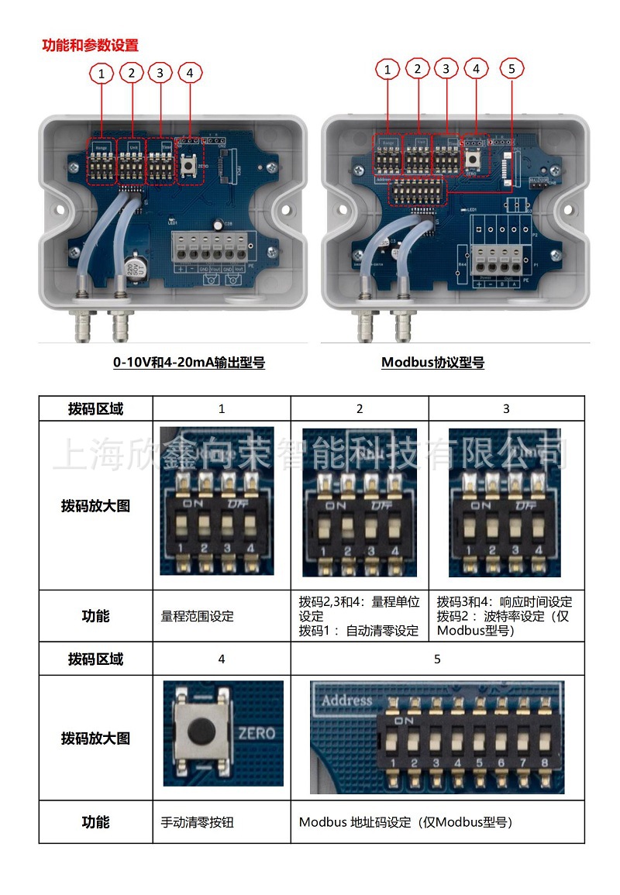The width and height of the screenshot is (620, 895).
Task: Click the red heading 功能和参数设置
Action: [x=90, y=45]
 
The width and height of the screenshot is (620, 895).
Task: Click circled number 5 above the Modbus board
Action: [x=511, y=69]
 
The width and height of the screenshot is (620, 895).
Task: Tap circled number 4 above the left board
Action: [x=189, y=74]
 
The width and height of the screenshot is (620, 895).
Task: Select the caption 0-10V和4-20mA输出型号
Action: [x=189, y=362]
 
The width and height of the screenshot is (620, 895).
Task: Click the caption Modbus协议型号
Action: [x=432, y=362]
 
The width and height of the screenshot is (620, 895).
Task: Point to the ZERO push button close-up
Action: [x=203, y=731]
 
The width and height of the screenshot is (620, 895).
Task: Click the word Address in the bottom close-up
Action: [x=346, y=701]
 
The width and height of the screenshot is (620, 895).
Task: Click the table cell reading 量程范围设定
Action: [x=197, y=617]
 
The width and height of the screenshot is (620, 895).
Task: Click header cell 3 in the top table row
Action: [x=506, y=408]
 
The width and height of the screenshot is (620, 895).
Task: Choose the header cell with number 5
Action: [x=437, y=659]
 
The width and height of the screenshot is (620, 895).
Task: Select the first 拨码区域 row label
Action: [x=95, y=408]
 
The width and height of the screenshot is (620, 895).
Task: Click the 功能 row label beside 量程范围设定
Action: [x=95, y=617]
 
